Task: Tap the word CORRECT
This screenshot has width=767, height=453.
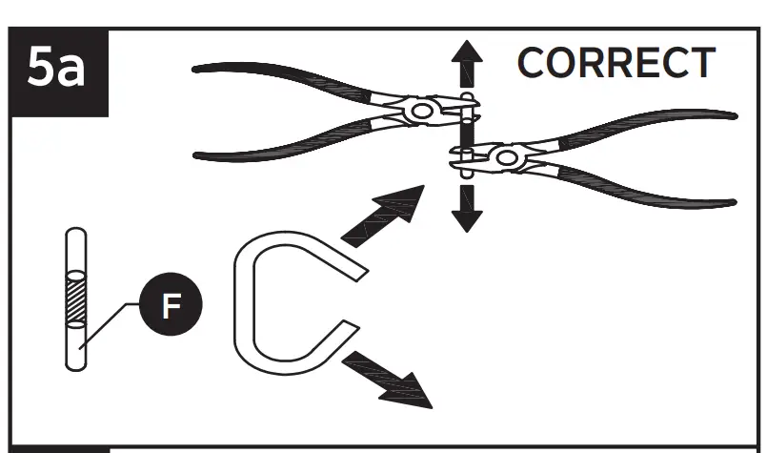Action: tap(615, 64)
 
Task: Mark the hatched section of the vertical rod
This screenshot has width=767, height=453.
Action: tap(74, 299)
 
